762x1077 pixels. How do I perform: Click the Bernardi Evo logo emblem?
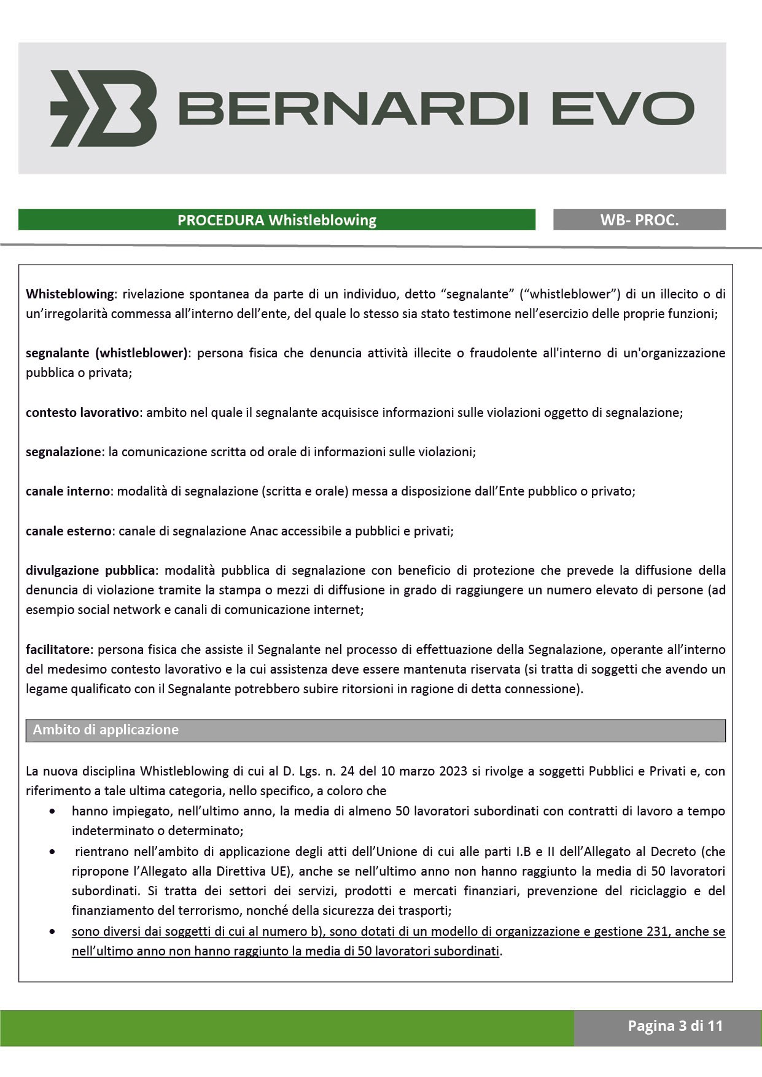click(x=104, y=108)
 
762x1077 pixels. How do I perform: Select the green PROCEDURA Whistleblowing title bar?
click(x=277, y=220)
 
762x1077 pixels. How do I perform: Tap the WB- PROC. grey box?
click(x=639, y=220)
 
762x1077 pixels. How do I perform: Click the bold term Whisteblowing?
click(x=70, y=294)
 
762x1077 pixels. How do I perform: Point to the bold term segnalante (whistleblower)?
click(x=106, y=353)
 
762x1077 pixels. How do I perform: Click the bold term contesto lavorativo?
click(x=82, y=413)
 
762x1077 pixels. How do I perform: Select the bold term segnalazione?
click(x=63, y=452)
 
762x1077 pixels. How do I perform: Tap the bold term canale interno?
click(x=68, y=491)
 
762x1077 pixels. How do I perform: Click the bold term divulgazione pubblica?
click(x=90, y=570)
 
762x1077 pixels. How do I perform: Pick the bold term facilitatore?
click(x=58, y=650)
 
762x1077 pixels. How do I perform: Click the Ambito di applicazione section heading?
click(x=106, y=730)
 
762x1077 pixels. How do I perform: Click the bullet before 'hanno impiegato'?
click(x=53, y=812)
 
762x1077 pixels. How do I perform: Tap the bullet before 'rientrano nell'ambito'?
click(x=53, y=852)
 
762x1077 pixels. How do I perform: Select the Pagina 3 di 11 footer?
click(x=675, y=1026)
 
